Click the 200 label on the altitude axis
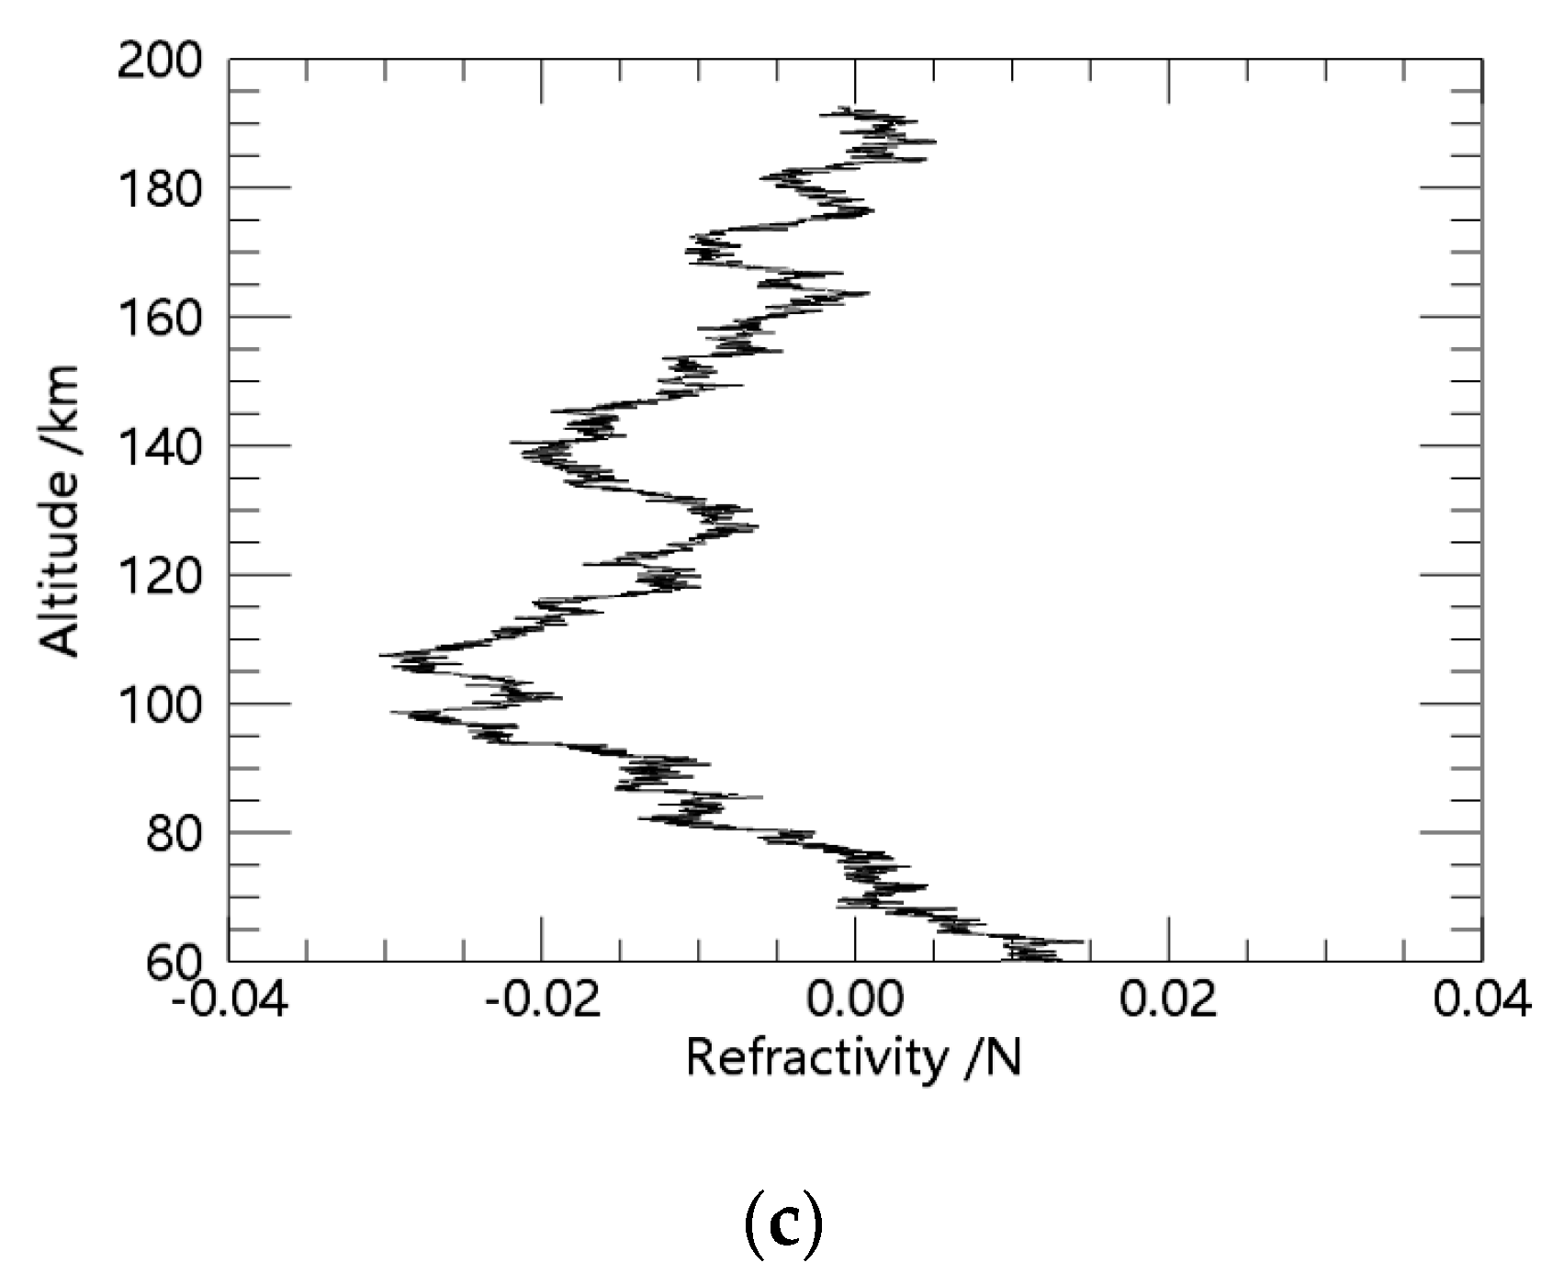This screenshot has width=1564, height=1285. click(163, 62)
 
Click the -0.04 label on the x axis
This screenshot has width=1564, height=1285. click(231, 1000)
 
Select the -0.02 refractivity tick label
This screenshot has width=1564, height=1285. click(544, 1000)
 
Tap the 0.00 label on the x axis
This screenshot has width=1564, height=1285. click(856, 1000)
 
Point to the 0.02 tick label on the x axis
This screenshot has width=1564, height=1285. click(1169, 1000)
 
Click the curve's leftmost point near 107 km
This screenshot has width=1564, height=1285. click(382, 655)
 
